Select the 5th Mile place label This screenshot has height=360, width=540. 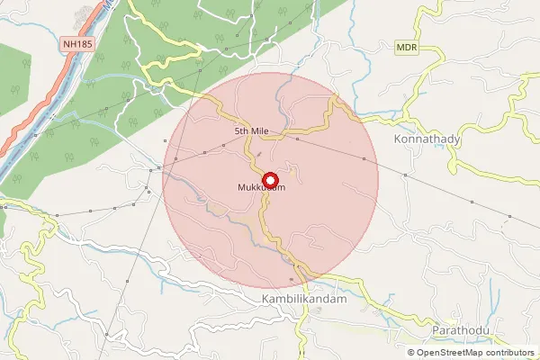252,132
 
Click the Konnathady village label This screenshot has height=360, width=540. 427,140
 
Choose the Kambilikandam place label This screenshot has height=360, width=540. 303,299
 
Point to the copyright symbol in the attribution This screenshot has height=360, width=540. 411,353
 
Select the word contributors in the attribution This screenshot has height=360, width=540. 508,353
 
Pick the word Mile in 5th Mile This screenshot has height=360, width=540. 261,132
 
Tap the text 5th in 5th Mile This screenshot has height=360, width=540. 241,132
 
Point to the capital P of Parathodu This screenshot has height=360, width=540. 435,331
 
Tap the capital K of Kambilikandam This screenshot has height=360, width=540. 265,299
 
